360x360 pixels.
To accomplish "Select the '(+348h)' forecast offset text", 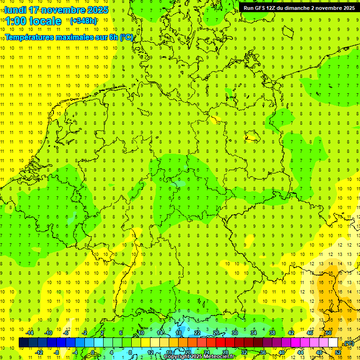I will click(83, 21).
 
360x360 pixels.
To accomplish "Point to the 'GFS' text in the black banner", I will click(261, 8).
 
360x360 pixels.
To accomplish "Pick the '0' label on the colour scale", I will click(93, 352).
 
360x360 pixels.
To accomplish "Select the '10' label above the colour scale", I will click(141, 333).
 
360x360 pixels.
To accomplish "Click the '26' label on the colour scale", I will click(216, 333).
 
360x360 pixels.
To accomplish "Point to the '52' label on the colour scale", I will click(338, 352).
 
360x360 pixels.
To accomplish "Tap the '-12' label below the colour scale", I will click(39, 352).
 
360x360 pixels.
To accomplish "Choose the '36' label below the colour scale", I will click(262, 352).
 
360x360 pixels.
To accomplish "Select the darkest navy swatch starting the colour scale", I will click(23, 343).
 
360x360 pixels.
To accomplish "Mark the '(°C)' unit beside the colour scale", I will click(348, 343).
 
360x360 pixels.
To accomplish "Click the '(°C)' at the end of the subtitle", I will click(127, 37).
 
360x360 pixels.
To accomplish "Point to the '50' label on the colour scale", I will click(329, 333).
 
